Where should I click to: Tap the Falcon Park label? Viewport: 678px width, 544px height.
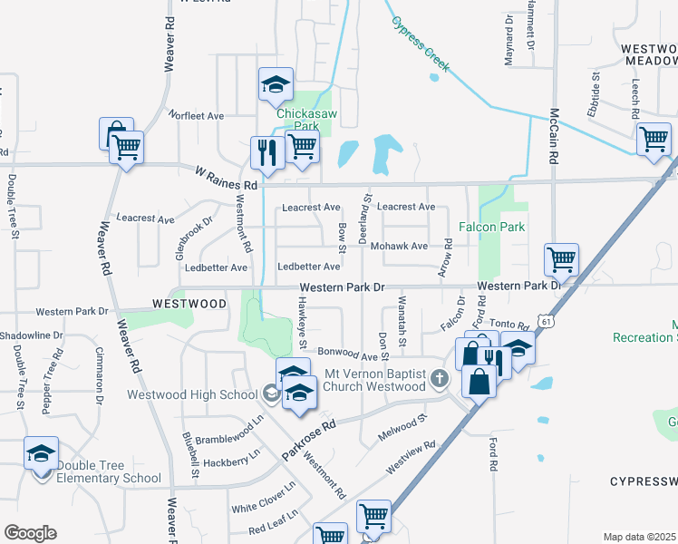coord(493,226)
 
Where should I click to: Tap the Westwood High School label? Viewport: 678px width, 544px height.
coord(192,393)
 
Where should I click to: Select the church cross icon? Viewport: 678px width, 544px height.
coord(440,379)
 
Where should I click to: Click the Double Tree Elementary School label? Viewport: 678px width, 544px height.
coord(110,471)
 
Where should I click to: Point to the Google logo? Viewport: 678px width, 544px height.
coord(30,533)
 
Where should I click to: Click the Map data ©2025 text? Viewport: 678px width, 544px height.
coord(639,537)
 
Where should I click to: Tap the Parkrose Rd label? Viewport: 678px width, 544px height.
coord(309,437)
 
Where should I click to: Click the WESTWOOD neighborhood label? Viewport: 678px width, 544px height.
coord(189,304)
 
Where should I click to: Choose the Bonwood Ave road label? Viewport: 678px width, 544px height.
coord(346,352)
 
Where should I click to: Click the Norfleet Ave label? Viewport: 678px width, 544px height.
coord(196,116)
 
